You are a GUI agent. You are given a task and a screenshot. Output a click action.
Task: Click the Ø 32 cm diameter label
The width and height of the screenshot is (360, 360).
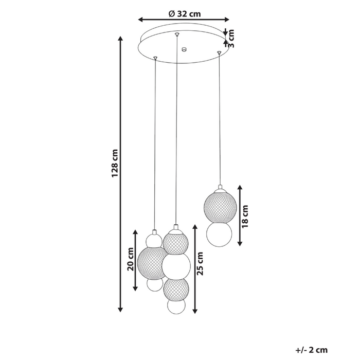point(184,14)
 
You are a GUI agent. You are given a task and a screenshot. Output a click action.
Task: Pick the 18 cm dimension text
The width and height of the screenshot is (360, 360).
point(245,216)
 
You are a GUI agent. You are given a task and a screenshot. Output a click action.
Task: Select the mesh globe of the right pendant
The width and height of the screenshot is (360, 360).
point(220,205)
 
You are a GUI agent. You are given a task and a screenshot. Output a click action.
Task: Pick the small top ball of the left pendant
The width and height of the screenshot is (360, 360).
point(153,240)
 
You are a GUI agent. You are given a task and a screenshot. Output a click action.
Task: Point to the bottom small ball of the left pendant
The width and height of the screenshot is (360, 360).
point(153,284)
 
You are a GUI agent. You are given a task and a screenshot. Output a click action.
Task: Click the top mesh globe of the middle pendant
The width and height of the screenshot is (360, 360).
point(175,242)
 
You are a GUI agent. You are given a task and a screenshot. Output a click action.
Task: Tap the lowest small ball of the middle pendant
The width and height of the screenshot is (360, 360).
point(176,307)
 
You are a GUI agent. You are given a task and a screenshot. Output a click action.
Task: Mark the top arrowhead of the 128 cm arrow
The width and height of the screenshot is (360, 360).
point(121,40)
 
